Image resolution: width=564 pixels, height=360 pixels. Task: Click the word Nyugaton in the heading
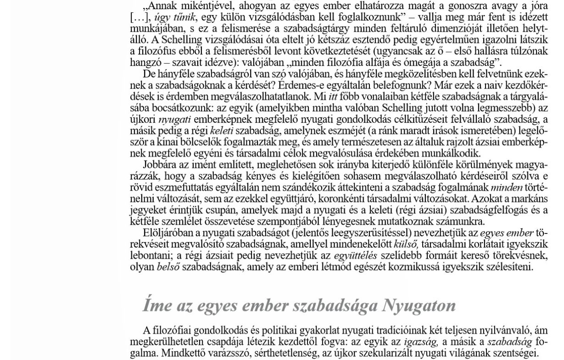tap(419, 305)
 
